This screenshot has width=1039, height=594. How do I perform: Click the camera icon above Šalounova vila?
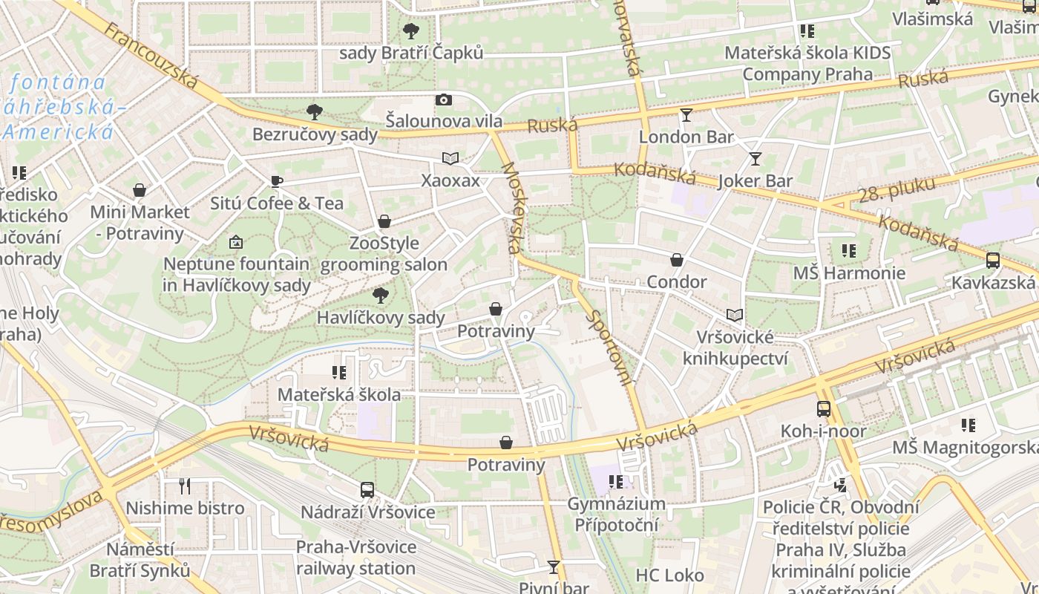pyautogui.click(x=443, y=99)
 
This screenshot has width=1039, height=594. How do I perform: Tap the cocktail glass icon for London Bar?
pyautogui.click(x=686, y=114)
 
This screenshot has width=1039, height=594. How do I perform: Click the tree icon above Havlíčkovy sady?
pyautogui.click(x=381, y=296)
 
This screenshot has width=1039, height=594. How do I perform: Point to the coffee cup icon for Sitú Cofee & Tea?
pyautogui.click(x=276, y=181)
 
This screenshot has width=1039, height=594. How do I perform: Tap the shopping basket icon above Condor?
pyautogui.click(x=677, y=260)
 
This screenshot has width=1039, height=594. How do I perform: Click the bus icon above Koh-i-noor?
pyautogui.click(x=824, y=408)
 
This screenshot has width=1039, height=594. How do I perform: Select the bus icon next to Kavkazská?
pyautogui.click(x=993, y=260)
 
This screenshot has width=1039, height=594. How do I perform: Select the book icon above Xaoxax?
pyautogui.click(x=450, y=158)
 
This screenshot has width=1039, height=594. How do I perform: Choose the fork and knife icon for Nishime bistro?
pyautogui.click(x=185, y=486)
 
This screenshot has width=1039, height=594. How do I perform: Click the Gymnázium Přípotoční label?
pyautogui.click(x=616, y=515)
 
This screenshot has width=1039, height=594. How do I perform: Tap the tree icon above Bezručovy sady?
pyautogui.click(x=315, y=112)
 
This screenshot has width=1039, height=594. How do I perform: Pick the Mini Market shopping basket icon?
pyautogui.click(x=140, y=190)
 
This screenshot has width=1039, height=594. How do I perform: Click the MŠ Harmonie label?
pyautogui.click(x=849, y=273)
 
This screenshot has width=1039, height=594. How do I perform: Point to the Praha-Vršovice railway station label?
pyautogui.click(x=355, y=558)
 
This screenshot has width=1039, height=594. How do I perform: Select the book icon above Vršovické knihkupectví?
pyautogui.click(x=735, y=315)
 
